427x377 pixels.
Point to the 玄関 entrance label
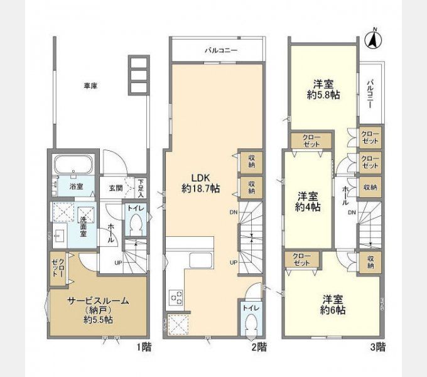[116, 187]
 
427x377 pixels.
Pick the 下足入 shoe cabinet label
[141, 187]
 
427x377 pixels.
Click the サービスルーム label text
[98, 301]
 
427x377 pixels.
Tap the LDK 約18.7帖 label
[200, 182]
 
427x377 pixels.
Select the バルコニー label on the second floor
[220, 51]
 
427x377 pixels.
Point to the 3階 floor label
[377, 346]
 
